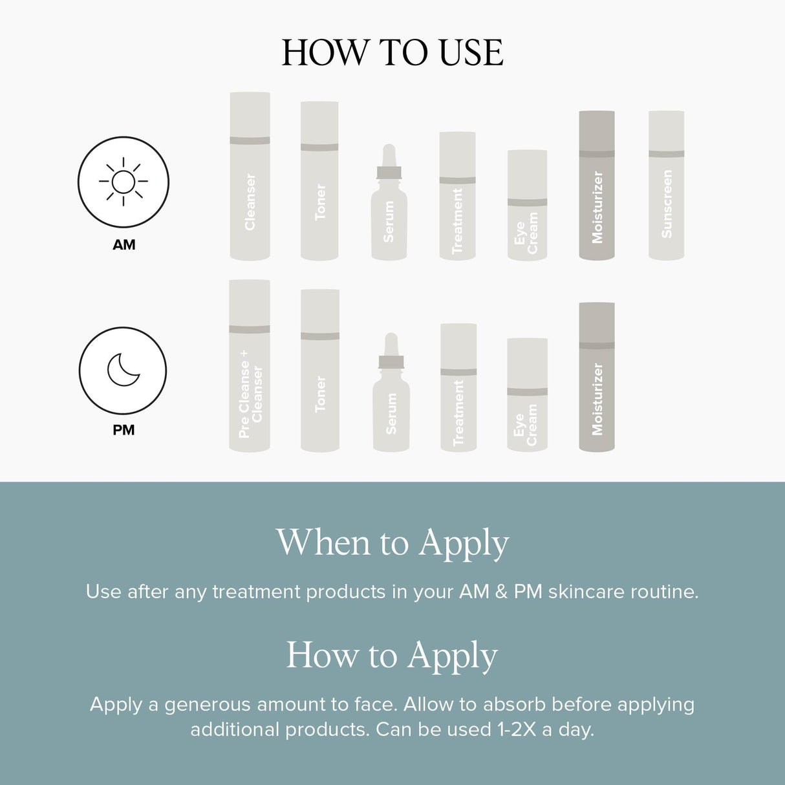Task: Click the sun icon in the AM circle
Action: click(x=123, y=182)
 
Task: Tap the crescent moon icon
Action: click(x=123, y=370)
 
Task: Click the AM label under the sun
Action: click(x=124, y=245)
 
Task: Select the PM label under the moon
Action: click(x=124, y=430)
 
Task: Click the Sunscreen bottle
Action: click(x=666, y=186)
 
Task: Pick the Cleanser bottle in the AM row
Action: click(x=250, y=176)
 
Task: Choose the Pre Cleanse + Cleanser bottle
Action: click(x=250, y=366)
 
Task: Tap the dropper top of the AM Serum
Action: click(x=389, y=158)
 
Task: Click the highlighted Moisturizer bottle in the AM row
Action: click(x=596, y=186)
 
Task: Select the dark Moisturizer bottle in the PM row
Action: click(x=596, y=377)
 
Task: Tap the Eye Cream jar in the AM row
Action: click(x=527, y=206)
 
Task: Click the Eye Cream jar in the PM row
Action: click(x=527, y=394)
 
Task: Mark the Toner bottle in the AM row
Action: click(x=319, y=181)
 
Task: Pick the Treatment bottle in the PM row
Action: click(x=458, y=388)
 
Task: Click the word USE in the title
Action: click(x=471, y=53)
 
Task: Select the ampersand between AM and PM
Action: click(x=501, y=592)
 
